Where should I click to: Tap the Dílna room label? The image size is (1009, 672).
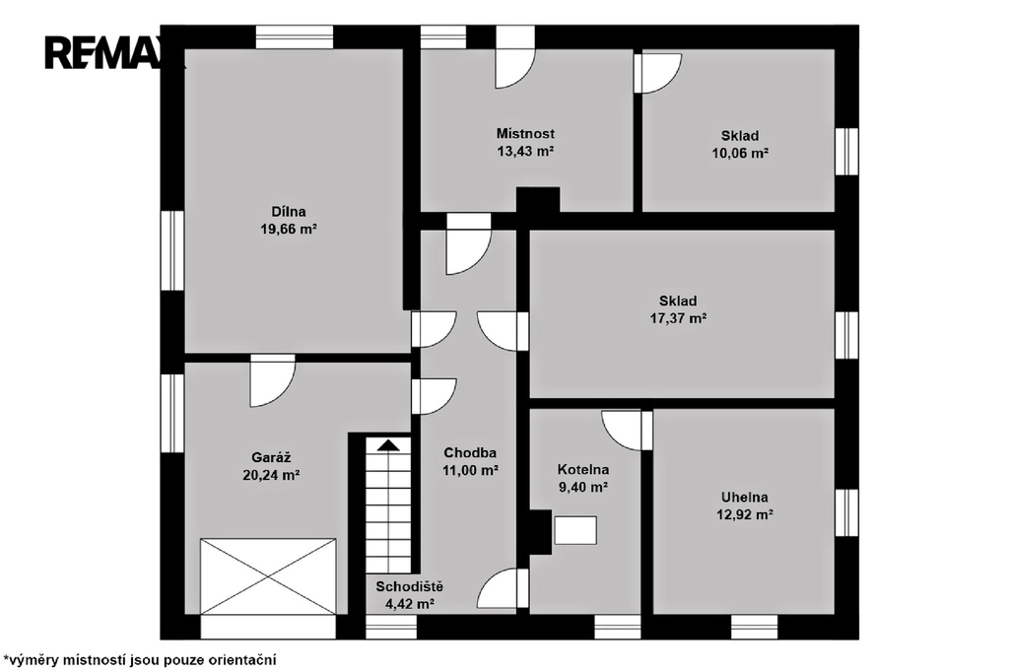289,211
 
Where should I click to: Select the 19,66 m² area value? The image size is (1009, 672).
289,229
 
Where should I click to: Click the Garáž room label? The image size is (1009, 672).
271,457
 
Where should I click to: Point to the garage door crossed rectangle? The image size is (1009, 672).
268,576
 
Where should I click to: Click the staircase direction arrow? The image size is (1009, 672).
387,445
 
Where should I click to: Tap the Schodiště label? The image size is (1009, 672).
409,586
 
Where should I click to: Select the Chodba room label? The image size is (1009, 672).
470,452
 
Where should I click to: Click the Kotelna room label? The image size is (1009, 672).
583,469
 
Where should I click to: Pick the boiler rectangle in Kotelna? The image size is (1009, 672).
574,530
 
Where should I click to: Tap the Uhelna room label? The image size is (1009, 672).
745,497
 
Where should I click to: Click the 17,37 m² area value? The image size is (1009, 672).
678,318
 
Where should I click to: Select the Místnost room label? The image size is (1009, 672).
525,133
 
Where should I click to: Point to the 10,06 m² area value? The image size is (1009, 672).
740,153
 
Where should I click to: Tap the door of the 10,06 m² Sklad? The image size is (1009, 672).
657,73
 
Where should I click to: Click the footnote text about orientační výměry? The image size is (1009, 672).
140,660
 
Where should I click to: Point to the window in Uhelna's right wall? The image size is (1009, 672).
846,512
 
